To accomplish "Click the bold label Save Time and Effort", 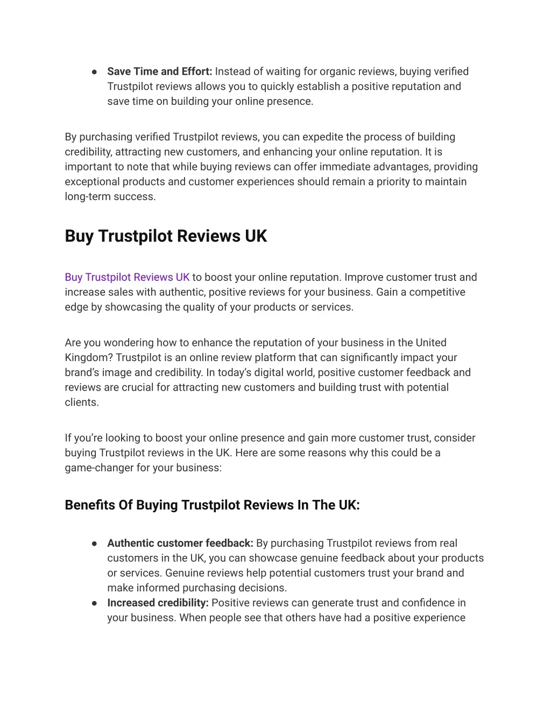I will [159, 72].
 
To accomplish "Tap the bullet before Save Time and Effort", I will [94, 72].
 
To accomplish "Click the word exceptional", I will [90, 182].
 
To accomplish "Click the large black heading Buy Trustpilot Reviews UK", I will [166, 236].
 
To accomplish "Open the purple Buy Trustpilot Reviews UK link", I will [127, 278].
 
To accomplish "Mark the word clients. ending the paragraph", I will [82, 403].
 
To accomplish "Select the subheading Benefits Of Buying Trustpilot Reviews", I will [212, 505].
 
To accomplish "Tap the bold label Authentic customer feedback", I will [180, 543].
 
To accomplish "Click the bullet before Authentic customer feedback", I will [94, 543].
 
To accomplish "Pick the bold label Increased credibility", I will [158, 603].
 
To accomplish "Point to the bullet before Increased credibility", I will [94, 603].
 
